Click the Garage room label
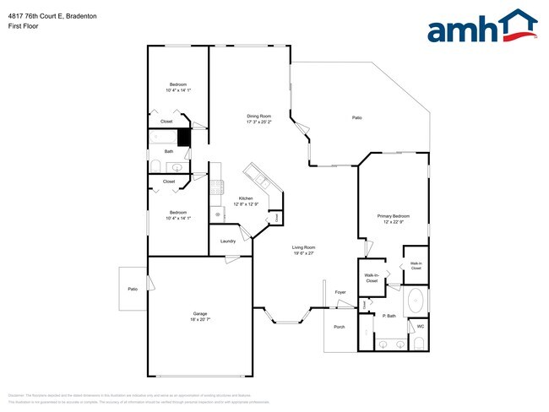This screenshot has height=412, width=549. (199, 313)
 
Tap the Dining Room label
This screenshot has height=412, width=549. (258, 116)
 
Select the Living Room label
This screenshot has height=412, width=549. (304, 247)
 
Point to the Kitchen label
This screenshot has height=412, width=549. (245, 198)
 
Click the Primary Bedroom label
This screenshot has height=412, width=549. (393, 216)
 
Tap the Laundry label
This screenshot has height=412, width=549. (228, 241)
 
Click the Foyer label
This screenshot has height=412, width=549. (340, 292)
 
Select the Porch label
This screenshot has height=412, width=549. (340, 327)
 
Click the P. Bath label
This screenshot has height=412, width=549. (389, 317)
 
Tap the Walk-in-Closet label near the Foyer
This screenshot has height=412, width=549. (372, 278)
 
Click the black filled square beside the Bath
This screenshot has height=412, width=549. (183, 136)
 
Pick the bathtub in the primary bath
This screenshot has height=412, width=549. (415, 301)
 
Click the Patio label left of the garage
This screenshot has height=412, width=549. (133, 289)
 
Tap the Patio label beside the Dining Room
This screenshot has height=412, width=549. (357, 117)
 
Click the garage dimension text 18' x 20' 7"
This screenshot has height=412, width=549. (199, 319)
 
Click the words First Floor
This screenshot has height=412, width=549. (22, 26)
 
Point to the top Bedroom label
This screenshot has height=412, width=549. (178, 84)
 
